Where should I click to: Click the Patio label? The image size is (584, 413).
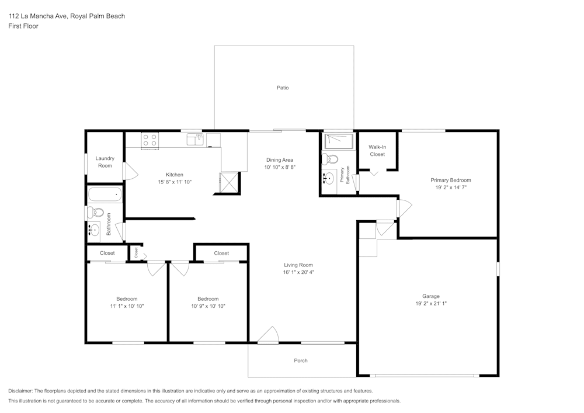click(x=283, y=88)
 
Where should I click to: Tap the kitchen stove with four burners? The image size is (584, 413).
click(x=150, y=140)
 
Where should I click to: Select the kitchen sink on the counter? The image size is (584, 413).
click(x=195, y=139)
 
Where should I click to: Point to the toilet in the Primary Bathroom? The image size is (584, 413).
click(x=330, y=159)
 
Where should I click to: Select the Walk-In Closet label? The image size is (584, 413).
click(x=377, y=151)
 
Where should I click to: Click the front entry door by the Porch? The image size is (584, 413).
click(x=268, y=335)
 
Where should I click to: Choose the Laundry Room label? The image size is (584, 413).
click(x=105, y=162)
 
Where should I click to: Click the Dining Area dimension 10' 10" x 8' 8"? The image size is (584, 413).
click(x=280, y=167)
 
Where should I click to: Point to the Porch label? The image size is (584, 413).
click(x=300, y=360)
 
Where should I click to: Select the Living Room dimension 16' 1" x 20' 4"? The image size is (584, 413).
click(x=298, y=272)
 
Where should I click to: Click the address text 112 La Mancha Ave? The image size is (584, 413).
click(x=39, y=16)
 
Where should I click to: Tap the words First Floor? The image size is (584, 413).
click(x=23, y=26)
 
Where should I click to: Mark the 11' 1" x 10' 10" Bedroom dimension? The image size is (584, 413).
click(x=127, y=306)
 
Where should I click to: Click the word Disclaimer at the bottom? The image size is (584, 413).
click(x=21, y=391)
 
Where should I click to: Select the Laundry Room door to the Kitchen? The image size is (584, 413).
click(x=130, y=171)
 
